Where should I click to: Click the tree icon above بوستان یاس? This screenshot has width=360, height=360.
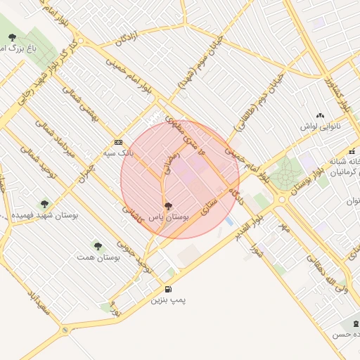pyautogui.click(x=168, y=206)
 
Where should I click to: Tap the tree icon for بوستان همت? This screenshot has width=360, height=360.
pyautogui.click(x=98, y=246)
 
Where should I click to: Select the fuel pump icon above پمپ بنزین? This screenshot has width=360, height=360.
pyautogui.click(x=167, y=288)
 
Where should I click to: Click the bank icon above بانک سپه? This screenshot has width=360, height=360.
pyautogui.click(x=118, y=141)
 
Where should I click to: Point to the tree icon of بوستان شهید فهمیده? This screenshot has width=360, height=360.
pyautogui.click(x=45, y=204)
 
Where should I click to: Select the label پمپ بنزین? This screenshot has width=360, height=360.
pyautogui.click(x=168, y=300)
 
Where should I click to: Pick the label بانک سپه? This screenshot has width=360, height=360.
pyautogui.click(x=118, y=153)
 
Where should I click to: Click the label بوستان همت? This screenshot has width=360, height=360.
pyautogui.click(x=98, y=258)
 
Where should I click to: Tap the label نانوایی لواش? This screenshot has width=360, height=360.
pyautogui.click(x=320, y=127)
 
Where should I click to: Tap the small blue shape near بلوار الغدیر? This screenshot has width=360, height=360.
pyautogui.click(x=229, y=221)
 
